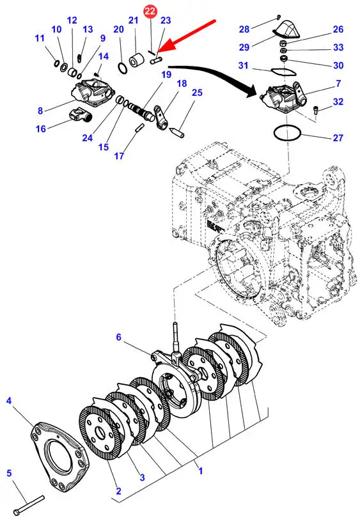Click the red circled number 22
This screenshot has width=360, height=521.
click(x=150, y=12)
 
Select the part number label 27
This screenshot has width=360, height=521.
click(x=338, y=137)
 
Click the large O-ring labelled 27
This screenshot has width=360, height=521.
click(x=287, y=134)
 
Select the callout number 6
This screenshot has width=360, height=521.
click(x=119, y=337)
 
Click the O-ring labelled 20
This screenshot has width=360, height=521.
click(x=122, y=68)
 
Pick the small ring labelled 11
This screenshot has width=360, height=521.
click(x=56, y=63)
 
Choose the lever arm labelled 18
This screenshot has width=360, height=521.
click(x=162, y=116)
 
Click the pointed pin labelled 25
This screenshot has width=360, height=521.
click(x=177, y=132)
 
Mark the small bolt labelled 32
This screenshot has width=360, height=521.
click(x=316, y=109)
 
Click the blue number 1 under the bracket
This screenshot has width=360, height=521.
click(x=200, y=471)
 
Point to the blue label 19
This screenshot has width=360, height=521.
click(x=166, y=74)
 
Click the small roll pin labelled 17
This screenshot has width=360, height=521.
click(x=139, y=128)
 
